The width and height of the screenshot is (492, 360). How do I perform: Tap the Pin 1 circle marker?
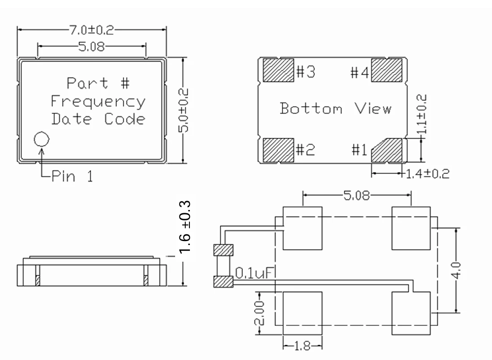tap(41, 139)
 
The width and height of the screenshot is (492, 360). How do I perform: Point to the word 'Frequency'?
tap(98, 102)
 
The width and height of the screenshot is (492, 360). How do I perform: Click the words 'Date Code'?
tap(98, 119)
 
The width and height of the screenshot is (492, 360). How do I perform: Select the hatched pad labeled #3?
tap(277, 70)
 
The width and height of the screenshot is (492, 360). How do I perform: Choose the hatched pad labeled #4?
tap(387, 70)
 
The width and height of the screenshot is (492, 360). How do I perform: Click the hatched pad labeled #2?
tap(277, 150)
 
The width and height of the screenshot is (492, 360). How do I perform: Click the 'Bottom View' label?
tap(336, 109)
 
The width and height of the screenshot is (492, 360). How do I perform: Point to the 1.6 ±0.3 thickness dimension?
tap(185, 227)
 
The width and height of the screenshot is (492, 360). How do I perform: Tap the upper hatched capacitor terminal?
tap(224, 249)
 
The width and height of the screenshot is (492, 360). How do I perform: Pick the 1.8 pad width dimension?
tap(303, 347)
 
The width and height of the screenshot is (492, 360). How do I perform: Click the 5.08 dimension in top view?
tap(92, 46)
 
